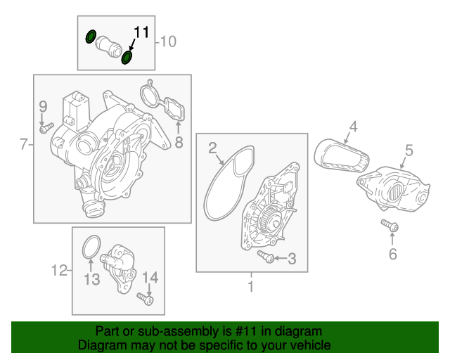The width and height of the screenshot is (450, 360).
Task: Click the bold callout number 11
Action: (x=141, y=32)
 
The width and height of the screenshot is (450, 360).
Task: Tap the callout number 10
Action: (x=168, y=41)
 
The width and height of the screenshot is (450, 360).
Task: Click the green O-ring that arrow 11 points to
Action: (x=127, y=58)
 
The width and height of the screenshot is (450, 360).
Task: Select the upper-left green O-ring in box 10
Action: (x=91, y=37)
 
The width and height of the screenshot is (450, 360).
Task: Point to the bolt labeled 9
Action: (x=46, y=128)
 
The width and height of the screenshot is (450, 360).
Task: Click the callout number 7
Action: (x=23, y=144)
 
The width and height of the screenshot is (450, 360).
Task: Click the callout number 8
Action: (x=179, y=142)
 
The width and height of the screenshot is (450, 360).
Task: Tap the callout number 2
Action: (x=212, y=148)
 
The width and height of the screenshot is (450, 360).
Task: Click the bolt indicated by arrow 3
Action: (x=266, y=257)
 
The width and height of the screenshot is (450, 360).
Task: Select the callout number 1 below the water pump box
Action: (x=251, y=286)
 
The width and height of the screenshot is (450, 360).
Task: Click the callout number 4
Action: (x=353, y=127)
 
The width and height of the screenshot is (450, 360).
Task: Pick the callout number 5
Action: (x=409, y=150)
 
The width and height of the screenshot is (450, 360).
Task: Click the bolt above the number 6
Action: (x=390, y=226)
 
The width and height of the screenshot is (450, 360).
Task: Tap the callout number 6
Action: (x=393, y=254)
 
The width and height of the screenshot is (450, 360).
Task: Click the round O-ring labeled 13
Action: (x=91, y=247)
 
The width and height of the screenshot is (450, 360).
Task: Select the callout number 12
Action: (x=59, y=270)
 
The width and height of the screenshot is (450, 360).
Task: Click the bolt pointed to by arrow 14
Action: (x=146, y=299)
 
